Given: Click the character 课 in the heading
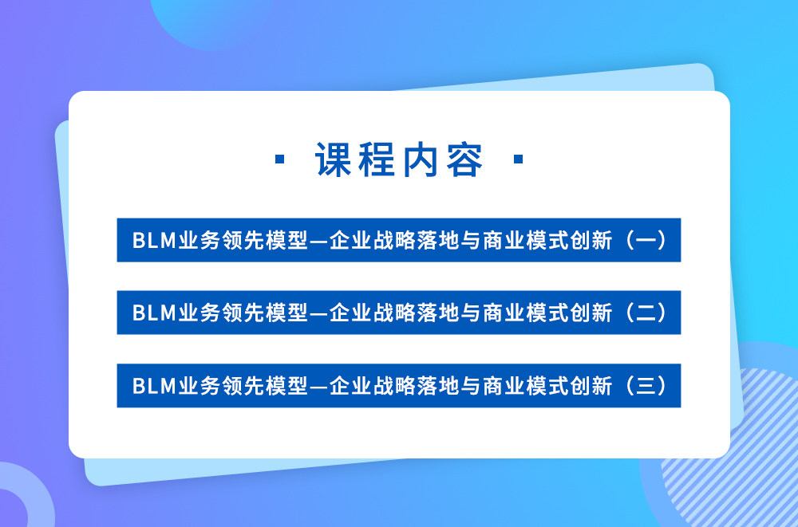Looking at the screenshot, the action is tap(334, 159).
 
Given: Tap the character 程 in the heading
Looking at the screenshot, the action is tap(377, 159).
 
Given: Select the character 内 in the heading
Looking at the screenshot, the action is tap(421, 159).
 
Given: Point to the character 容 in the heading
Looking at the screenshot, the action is tap(464, 159).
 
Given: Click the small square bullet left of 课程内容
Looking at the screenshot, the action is tap(279, 159).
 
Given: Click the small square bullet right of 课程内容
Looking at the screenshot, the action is tap(518, 159).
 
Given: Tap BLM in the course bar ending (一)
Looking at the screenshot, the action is tap(154, 240).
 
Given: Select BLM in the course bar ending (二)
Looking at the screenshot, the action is tap(154, 313).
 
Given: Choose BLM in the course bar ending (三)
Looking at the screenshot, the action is tap(154, 386).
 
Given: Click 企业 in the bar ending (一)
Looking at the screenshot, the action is tap(350, 240).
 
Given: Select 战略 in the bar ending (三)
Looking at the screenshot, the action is tap(394, 386).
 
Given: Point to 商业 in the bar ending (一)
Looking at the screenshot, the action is tap(504, 240).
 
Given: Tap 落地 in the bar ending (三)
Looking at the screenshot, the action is tap(438, 386).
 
